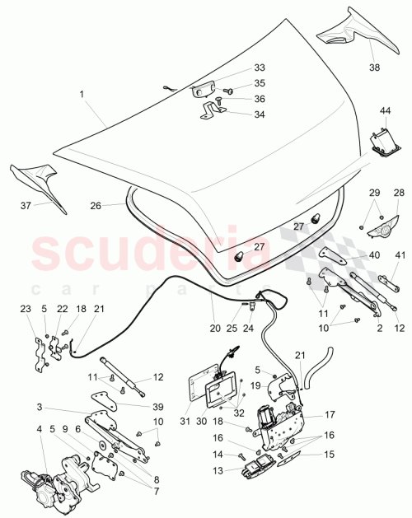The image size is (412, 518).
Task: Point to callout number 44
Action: (385, 110)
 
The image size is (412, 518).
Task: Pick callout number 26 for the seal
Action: (96, 206)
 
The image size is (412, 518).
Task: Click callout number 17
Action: (328, 415)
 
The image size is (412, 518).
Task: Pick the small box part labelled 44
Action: (382, 142)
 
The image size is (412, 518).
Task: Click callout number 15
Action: (329, 454)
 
